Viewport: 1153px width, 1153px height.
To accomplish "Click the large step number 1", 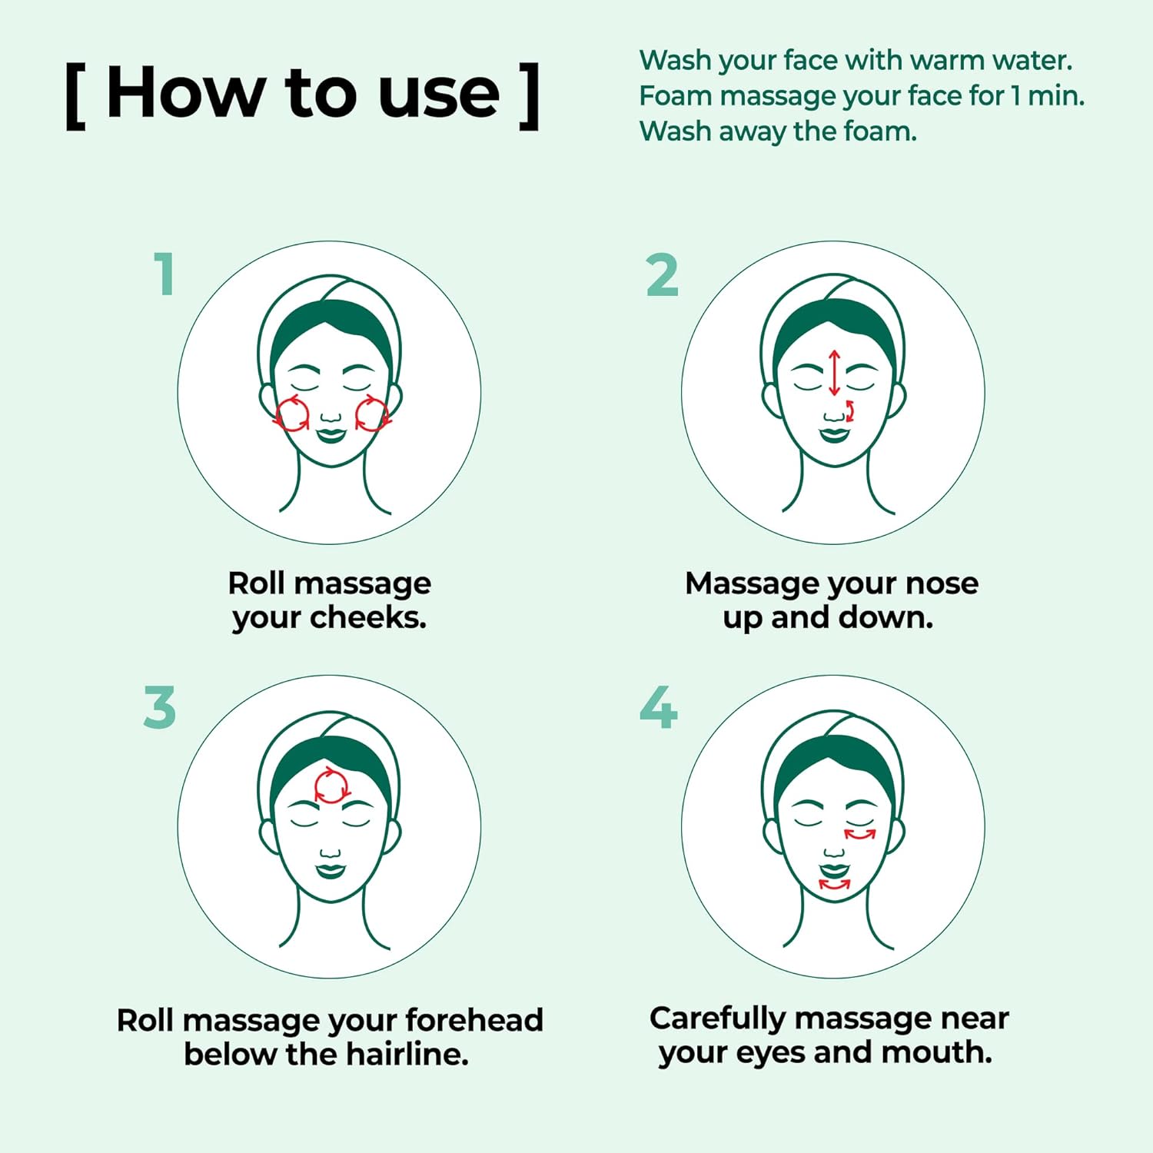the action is [164, 274].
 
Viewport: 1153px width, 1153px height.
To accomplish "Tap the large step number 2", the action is [662, 274].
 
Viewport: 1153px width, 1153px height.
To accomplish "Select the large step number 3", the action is [160, 707].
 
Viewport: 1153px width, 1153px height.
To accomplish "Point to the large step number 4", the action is [659, 707].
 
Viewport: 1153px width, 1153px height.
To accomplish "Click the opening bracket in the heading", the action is [75, 97].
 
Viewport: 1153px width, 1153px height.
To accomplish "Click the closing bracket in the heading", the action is [529, 97].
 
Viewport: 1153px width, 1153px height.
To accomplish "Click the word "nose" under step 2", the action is [942, 583].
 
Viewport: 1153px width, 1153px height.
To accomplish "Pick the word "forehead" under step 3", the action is [474, 1020].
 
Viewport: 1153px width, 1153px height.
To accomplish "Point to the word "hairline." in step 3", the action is [407, 1054].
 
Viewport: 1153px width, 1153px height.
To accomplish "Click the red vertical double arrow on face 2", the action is [835, 373].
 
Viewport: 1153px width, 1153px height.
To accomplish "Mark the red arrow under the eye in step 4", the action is [860, 834].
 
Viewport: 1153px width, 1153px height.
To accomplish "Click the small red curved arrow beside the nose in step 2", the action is [850, 410].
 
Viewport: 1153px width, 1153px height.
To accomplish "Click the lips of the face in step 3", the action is [331, 870].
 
